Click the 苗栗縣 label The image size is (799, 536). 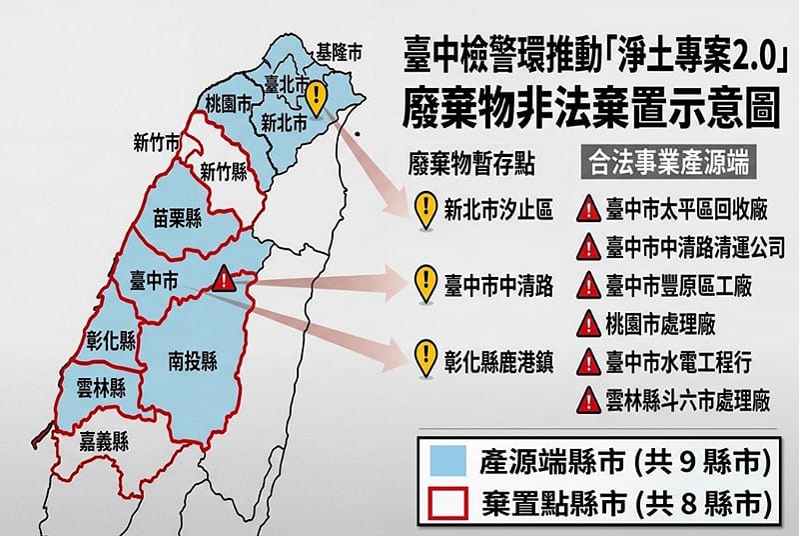(x=178, y=215)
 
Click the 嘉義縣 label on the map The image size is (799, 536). (x=107, y=437)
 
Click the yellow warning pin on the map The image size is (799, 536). (x=316, y=97)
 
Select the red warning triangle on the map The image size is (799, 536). (x=224, y=276)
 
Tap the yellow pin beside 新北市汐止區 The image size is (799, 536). (x=425, y=210)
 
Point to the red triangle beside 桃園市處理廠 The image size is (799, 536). (x=589, y=324)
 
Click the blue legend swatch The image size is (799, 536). (x=451, y=462)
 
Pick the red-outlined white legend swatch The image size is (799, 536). (x=451, y=503)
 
